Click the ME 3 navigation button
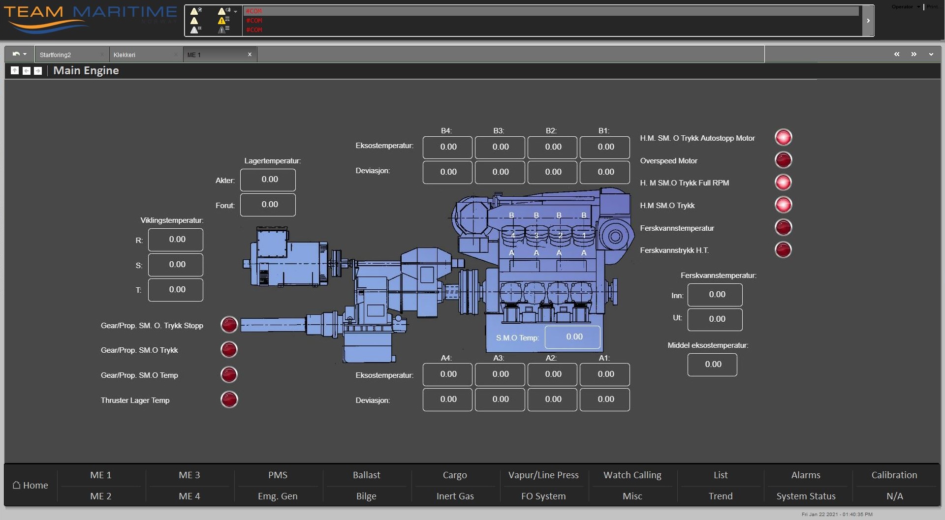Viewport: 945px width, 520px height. pyautogui.click(x=189, y=475)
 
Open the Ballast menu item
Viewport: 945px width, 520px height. pyautogui.click(x=366, y=475)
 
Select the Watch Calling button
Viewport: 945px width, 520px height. pyautogui.click(x=632, y=475)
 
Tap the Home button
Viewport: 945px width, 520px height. pyautogui.click(x=31, y=485)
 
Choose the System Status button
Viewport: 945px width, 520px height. pyautogui.click(x=806, y=496)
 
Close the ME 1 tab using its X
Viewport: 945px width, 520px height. pyautogui.click(x=250, y=55)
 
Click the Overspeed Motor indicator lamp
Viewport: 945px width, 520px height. pyautogui.click(x=783, y=160)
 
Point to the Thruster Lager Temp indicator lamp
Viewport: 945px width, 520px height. pyautogui.click(x=229, y=399)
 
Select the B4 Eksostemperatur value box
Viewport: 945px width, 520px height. pyautogui.click(x=448, y=147)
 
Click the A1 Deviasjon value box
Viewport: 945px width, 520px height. pyautogui.click(x=605, y=399)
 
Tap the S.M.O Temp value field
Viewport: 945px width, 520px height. pyautogui.click(x=573, y=337)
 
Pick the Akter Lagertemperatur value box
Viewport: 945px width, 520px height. pyautogui.click(x=268, y=180)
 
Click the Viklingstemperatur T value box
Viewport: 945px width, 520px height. pyautogui.click(x=176, y=290)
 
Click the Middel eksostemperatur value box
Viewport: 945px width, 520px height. pyautogui.click(x=712, y=365)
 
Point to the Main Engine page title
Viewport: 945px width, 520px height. pyautogui.click(x=86, y=70)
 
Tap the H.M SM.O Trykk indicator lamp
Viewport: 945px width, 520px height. pyautogui.click(x=783, y=205)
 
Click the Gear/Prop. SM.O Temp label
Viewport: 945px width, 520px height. pyautogui.click(x=139, y=375)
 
